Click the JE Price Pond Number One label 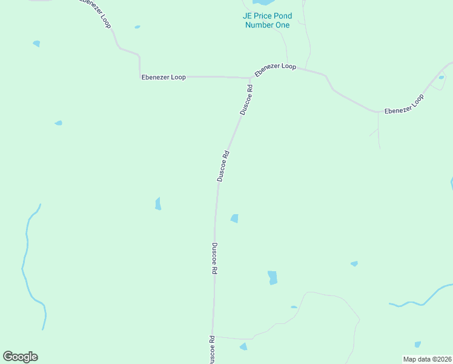tap(267, 20)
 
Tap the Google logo tap(20, 356)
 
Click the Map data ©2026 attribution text tap(428, 359)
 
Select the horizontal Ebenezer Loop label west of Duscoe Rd tap(164, 77)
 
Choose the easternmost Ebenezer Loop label tap(405, 104)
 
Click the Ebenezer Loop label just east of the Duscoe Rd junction tap(276, 70)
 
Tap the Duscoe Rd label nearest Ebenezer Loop tap(246, 99)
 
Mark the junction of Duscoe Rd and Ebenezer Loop tap(249, 78)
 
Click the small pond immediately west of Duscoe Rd tap(158, 204)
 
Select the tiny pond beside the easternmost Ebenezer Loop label tap(441, 77)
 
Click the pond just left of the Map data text tap(417, 345)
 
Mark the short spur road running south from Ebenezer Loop tap(379, 130)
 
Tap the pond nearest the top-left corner tap(36, 44)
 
